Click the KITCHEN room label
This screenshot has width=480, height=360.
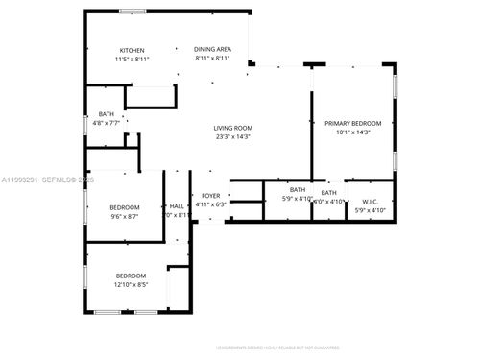coord(132,50)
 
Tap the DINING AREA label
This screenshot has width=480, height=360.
coord(212,49)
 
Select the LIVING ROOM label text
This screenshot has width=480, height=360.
coord(232,128)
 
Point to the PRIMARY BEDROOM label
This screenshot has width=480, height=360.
coord(352,123)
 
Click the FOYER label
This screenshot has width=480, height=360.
coord(210,196)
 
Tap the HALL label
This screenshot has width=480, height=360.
coord(177,206)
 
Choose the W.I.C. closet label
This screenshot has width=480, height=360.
coord(370,202)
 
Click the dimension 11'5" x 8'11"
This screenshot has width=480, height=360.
coord(133,60)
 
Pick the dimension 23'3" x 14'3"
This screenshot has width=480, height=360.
coord(232,137)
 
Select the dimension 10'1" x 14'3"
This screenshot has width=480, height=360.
coord(352,132)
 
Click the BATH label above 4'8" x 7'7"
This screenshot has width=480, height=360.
coord(106,113)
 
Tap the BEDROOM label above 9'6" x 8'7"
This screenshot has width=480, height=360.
coord(124,207)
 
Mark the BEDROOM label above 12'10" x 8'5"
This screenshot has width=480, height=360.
coord(132,275)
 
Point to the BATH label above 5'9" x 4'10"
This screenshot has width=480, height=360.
coord(298,189)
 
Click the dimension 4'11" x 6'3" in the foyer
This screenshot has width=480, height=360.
coord(210,204)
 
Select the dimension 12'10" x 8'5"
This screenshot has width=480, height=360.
coord(132,284)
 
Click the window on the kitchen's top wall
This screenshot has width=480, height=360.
coord(132,12)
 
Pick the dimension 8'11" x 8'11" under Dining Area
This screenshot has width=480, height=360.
coord(212,59)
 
